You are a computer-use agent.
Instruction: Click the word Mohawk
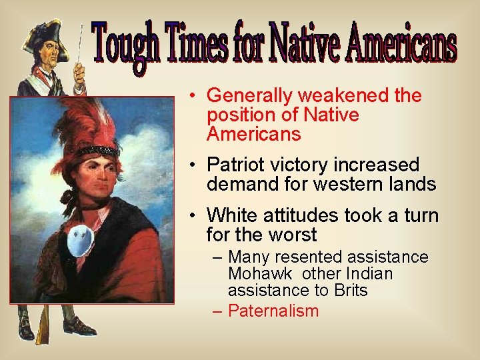257,274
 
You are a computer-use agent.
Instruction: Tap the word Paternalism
273,311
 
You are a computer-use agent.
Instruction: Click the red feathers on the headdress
83,123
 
